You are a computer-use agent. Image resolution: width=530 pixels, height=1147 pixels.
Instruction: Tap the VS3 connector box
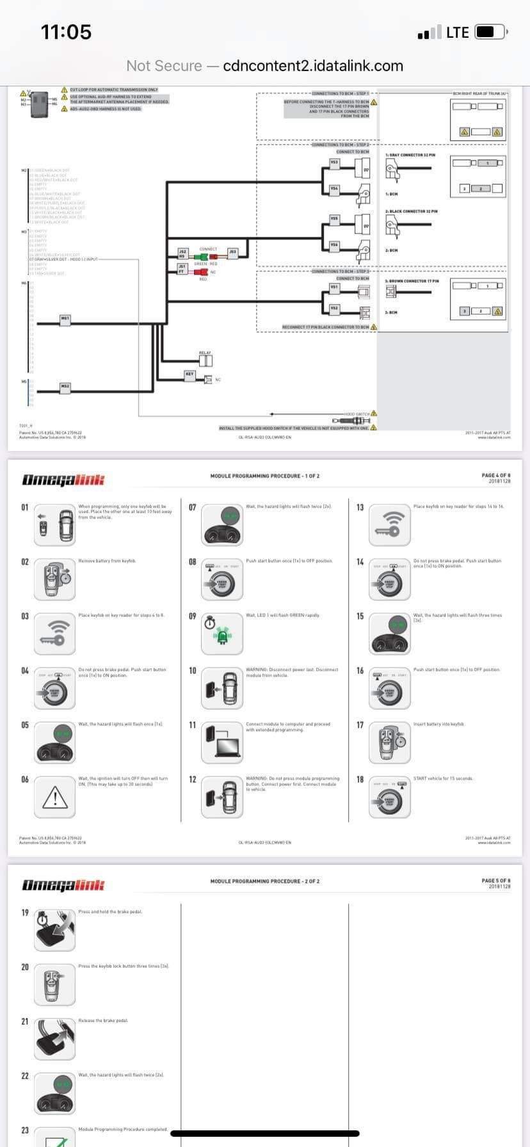334,163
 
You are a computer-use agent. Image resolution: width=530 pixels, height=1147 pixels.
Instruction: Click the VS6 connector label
334,245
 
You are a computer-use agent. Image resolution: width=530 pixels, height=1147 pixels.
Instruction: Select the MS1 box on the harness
65,318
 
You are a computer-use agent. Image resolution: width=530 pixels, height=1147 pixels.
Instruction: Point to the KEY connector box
189,374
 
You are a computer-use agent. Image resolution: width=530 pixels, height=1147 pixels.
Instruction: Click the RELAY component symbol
205,360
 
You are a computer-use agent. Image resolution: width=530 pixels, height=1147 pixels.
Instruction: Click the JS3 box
233,252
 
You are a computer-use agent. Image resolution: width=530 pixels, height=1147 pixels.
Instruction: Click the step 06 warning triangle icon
55,797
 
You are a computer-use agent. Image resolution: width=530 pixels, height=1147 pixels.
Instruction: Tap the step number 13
360,508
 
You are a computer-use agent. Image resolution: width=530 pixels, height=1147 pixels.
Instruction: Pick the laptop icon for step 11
221,742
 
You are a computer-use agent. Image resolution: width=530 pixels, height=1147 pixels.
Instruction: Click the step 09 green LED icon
222,634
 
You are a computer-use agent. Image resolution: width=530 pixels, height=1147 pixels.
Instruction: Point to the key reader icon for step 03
55,634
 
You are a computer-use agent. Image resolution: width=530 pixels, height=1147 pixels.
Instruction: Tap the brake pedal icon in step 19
55,930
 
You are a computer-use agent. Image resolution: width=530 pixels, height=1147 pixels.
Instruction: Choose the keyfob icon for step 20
55,984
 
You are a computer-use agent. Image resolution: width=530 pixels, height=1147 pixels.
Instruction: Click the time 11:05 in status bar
66,32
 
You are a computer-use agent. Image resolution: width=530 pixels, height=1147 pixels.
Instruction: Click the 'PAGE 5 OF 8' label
496,881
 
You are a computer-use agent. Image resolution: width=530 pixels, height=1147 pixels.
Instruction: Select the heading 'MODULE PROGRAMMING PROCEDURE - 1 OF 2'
265,476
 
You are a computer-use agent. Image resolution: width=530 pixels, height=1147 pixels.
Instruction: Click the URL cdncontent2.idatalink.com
313,66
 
